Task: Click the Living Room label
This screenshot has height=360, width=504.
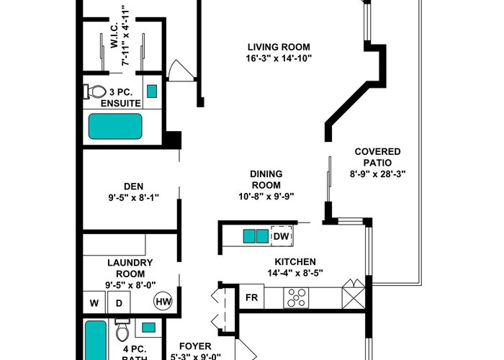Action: point(279,47)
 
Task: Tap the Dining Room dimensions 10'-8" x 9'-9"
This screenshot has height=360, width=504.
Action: point(266,196)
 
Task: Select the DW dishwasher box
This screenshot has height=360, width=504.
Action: point(282,236)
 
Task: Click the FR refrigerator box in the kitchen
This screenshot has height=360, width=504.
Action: point(252,297)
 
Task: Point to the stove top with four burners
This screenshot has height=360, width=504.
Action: point(296,297)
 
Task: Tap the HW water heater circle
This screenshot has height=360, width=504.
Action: point(163,301)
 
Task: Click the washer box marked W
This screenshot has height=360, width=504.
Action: point(94,302)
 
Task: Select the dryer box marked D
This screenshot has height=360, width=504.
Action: point(119,302)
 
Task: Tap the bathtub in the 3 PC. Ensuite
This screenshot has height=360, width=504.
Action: point(115,126)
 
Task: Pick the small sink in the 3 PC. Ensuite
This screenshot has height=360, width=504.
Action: point(152,91)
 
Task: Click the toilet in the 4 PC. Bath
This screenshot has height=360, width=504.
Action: point(122,330)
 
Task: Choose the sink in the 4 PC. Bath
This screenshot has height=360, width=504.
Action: point(148,328)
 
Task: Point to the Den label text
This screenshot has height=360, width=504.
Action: point(134,186)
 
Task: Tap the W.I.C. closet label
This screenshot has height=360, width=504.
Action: point(114,35)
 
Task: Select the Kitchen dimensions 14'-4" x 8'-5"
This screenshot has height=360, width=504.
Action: point(295,273)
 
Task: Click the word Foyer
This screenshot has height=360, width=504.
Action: point(195,346)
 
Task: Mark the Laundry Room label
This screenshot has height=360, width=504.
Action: point(130,269)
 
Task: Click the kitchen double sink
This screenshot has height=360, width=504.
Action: point(256,236)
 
